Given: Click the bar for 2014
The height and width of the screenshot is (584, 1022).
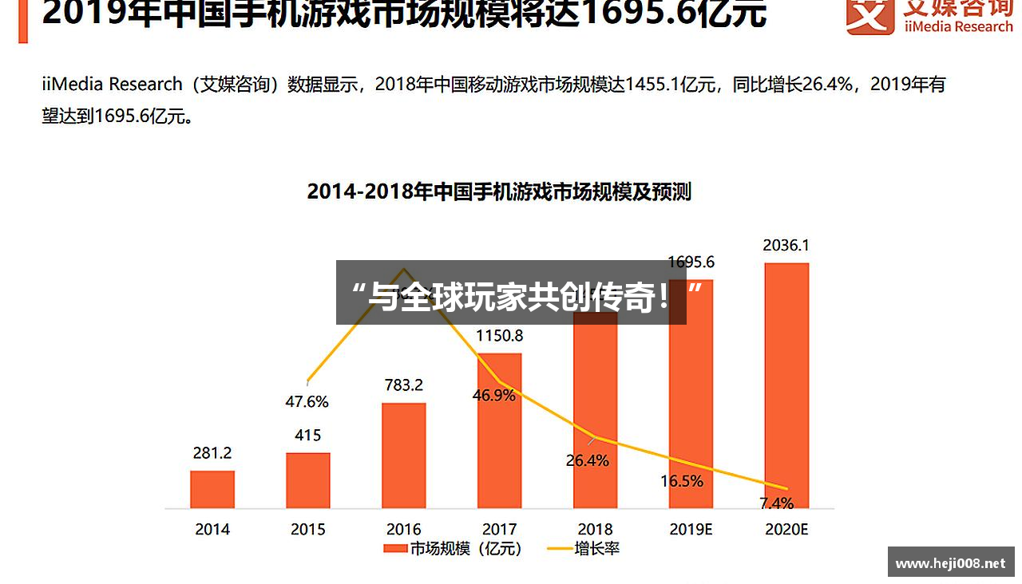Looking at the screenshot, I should coord(212,489).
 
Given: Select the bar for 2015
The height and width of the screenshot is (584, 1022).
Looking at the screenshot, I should coord(308,480).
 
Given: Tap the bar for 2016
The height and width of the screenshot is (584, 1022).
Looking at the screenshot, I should coord(404,455).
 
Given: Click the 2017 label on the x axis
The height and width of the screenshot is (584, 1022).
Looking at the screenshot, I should coord(500,529).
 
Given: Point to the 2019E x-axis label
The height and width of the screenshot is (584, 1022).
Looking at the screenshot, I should coord(691,529).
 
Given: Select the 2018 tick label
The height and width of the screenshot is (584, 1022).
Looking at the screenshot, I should coord(596,529).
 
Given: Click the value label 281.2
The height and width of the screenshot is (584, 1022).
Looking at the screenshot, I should coord(212,453).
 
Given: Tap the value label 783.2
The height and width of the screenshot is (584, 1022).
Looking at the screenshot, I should coord(404,385).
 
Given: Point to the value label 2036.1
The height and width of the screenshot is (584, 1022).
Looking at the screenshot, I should coord(786,246).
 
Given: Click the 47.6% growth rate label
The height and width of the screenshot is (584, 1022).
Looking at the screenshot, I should coord(307,402).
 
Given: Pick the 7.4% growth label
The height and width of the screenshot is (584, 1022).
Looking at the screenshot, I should coord(776,503).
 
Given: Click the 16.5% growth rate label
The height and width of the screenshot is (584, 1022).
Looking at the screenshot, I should coord(682,481).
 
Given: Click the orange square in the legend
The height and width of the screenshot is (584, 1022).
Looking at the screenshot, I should coord(394,549).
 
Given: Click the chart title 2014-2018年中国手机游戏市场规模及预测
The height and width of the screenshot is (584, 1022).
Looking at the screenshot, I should coord(499,192).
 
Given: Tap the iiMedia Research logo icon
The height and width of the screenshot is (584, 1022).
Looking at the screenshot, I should coord(870,15).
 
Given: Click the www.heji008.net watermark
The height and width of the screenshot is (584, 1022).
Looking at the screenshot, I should coord(950,563).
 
